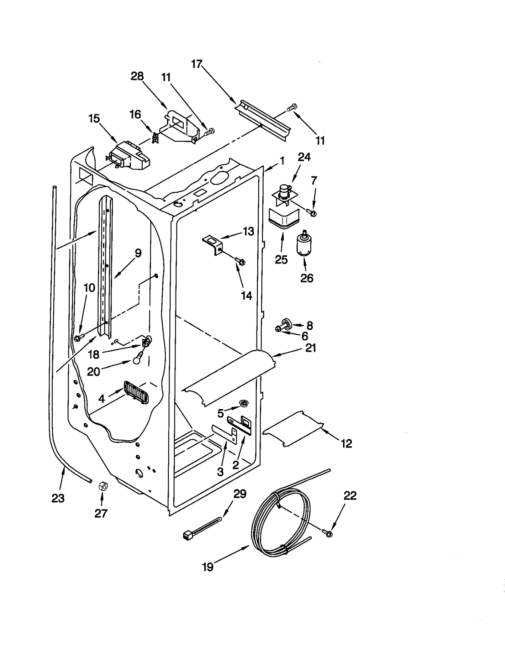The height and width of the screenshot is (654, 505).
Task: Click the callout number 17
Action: tap(196, 64)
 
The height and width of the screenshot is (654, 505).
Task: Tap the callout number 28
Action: tap(137, 76)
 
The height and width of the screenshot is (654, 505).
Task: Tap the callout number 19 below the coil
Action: tap(207, 567)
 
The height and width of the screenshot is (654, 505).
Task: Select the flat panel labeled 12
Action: tap(293, 429)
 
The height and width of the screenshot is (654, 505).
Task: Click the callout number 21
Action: tap(310, 348)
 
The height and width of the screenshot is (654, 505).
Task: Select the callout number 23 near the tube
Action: tap(58, 498)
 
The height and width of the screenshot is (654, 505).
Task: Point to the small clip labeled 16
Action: tap(155, 138)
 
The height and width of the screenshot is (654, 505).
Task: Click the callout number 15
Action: tap(94, 119)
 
